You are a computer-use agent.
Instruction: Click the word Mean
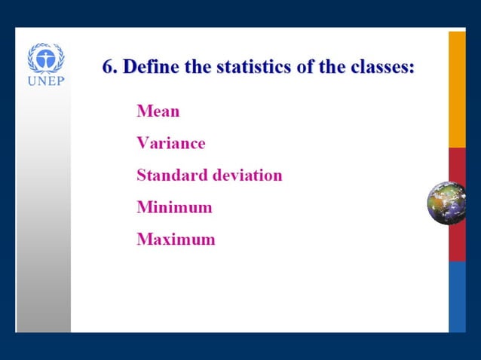pyautogui.click(x=158, y=111)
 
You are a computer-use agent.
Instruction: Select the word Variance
pyautogui.click(x=170, y=143)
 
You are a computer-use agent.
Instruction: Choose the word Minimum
pyautogui.click(x=174, y=207)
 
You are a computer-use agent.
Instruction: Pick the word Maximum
pyautogui.click(x=176, y=239)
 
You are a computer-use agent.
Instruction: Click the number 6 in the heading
pyautogui.click(x=108, y=66)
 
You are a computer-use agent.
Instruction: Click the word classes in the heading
pyautogui.click(x=381, y=66)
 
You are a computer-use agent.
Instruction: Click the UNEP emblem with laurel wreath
pyautogui.click(x=45, y=58)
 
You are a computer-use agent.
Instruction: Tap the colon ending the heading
pyautogui.click(x=412, y=68)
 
